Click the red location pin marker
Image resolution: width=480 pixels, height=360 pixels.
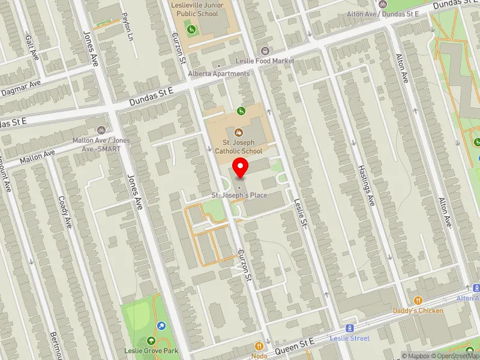[x=241, y=169]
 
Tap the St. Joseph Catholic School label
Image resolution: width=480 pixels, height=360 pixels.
[x=239, y=147]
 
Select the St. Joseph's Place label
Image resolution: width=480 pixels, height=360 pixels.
[x=239, y=196]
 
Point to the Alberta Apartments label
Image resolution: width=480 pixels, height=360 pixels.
[x=218, y=74]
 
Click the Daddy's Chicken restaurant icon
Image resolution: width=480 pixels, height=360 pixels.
[x=418, y=301]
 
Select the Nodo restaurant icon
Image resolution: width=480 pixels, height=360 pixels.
[x=259, y=346]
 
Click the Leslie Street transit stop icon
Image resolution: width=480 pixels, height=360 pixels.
[x=350, y=328]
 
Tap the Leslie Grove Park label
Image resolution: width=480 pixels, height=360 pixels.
[x=146, y=350]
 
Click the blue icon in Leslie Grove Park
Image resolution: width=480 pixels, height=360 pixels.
[x=161, y=326]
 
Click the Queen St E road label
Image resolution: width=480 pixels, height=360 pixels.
[x=295, y=344]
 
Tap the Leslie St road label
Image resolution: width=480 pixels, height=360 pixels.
[x=300, y=214]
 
